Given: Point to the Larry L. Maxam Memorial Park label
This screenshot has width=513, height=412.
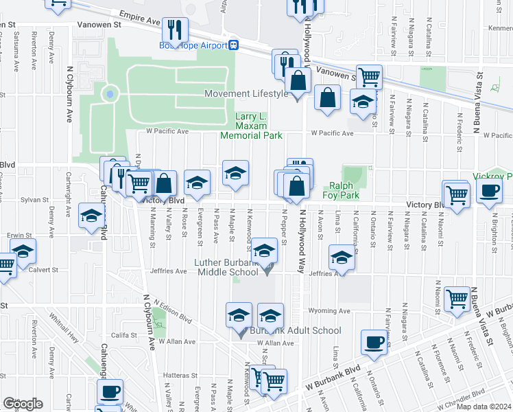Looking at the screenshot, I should pyautogui.click(x=251, y=126).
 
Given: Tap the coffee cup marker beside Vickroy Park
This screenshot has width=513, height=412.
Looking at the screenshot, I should pyautogui.click(x=489, y=192).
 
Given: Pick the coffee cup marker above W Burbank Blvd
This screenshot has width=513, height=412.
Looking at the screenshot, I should pyautogui.click(x=374, y=341).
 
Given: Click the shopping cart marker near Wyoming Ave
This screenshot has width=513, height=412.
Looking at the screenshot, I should pyautogui.click(x=457, y=299).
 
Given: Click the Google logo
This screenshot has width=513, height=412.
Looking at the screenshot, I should pyautogui.click(x=23, y=404).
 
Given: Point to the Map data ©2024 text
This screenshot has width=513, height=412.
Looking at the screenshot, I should pyautogui.click(x=483, y=407).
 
